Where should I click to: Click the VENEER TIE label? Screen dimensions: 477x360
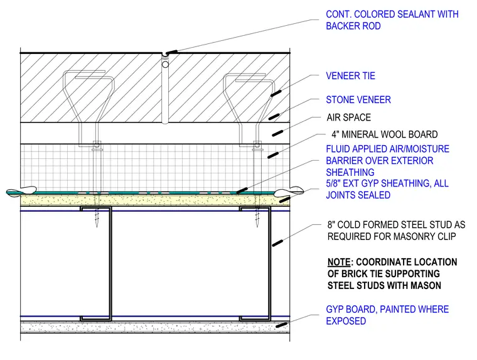coord(350,76)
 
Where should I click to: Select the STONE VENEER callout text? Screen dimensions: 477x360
coord(358,100)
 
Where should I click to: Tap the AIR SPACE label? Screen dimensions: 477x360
coord(348,117)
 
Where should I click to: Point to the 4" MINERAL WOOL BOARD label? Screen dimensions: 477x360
coord(385,134)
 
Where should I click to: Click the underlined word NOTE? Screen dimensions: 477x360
coord(339,262)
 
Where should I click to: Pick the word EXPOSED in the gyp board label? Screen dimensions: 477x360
coord(346,321)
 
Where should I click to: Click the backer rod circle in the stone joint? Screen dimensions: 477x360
coord(165,65)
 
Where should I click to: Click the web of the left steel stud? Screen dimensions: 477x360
coord(110,263)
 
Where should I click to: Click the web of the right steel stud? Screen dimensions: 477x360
coord(269,263)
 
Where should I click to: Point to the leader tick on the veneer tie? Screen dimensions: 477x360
coord(276,93)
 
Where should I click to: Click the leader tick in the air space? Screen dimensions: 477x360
coord(277,133)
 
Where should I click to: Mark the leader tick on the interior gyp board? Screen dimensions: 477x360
coord(282,325)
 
